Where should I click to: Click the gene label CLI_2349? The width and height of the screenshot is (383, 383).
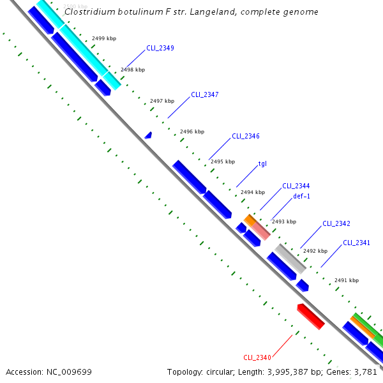tap(160, 48)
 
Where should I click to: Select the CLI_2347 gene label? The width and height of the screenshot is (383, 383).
tap(205, 94)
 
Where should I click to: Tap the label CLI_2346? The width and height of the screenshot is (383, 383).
tap(246, 136)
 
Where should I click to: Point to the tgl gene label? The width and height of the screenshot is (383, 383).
tap(262, 163)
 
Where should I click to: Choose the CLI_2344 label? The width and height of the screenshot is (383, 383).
tap(296, 186)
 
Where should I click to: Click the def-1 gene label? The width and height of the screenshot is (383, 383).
tap(302, 196)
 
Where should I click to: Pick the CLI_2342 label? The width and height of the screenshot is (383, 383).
tap(336, 223)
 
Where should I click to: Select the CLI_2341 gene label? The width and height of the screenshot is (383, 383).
tap(357, 243)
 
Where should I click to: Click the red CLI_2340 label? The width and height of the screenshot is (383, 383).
tap(257, 357)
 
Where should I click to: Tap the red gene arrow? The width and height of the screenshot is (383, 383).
tap(311, 317)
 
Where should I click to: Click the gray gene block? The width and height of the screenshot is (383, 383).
tap(290, 258)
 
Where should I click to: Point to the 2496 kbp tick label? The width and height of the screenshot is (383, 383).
tap(192, 131)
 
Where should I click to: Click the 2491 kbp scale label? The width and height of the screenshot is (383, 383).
tap(347, 280)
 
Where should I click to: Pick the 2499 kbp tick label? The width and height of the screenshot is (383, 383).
tap(104, 39)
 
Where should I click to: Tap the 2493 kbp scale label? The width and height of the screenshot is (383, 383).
tap(284, 222)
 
